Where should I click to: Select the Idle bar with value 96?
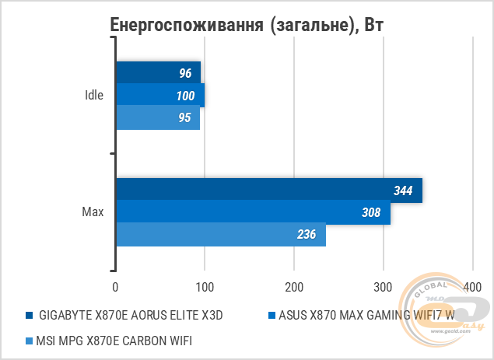(x=158, y=74)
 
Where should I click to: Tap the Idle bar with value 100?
(x=159, y=96)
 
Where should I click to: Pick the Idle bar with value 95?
(x=157, y=118)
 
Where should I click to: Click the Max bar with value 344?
(x=268, y=190)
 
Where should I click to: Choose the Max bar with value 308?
(x=253, y=212)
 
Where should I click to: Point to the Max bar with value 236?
(x=220, y=234)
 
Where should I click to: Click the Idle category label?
(x=95, y=96)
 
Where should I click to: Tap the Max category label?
(x=93, y=212)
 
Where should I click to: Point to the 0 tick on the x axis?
(x=115, y=288)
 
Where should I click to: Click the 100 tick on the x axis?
(x=204, y=288)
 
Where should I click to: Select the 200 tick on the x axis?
(x=293, y=288)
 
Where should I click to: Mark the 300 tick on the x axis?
(x=383, y=288)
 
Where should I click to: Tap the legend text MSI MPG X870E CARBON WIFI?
(x=114, y=340)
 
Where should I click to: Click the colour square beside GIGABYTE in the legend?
(x=29, y=316)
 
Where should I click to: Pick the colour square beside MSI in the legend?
(x=29, y=341)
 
